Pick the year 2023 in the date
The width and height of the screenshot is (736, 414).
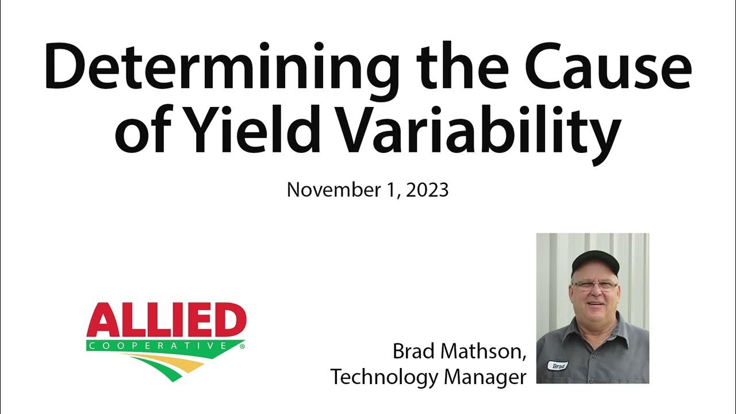tap(427, 190)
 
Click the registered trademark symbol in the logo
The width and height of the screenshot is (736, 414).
tap(241, 347)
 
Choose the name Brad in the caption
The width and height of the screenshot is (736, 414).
tap(412, 351)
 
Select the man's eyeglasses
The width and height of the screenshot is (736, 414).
tap(595, 285)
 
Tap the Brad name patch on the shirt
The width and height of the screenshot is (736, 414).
tap(557, 365)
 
